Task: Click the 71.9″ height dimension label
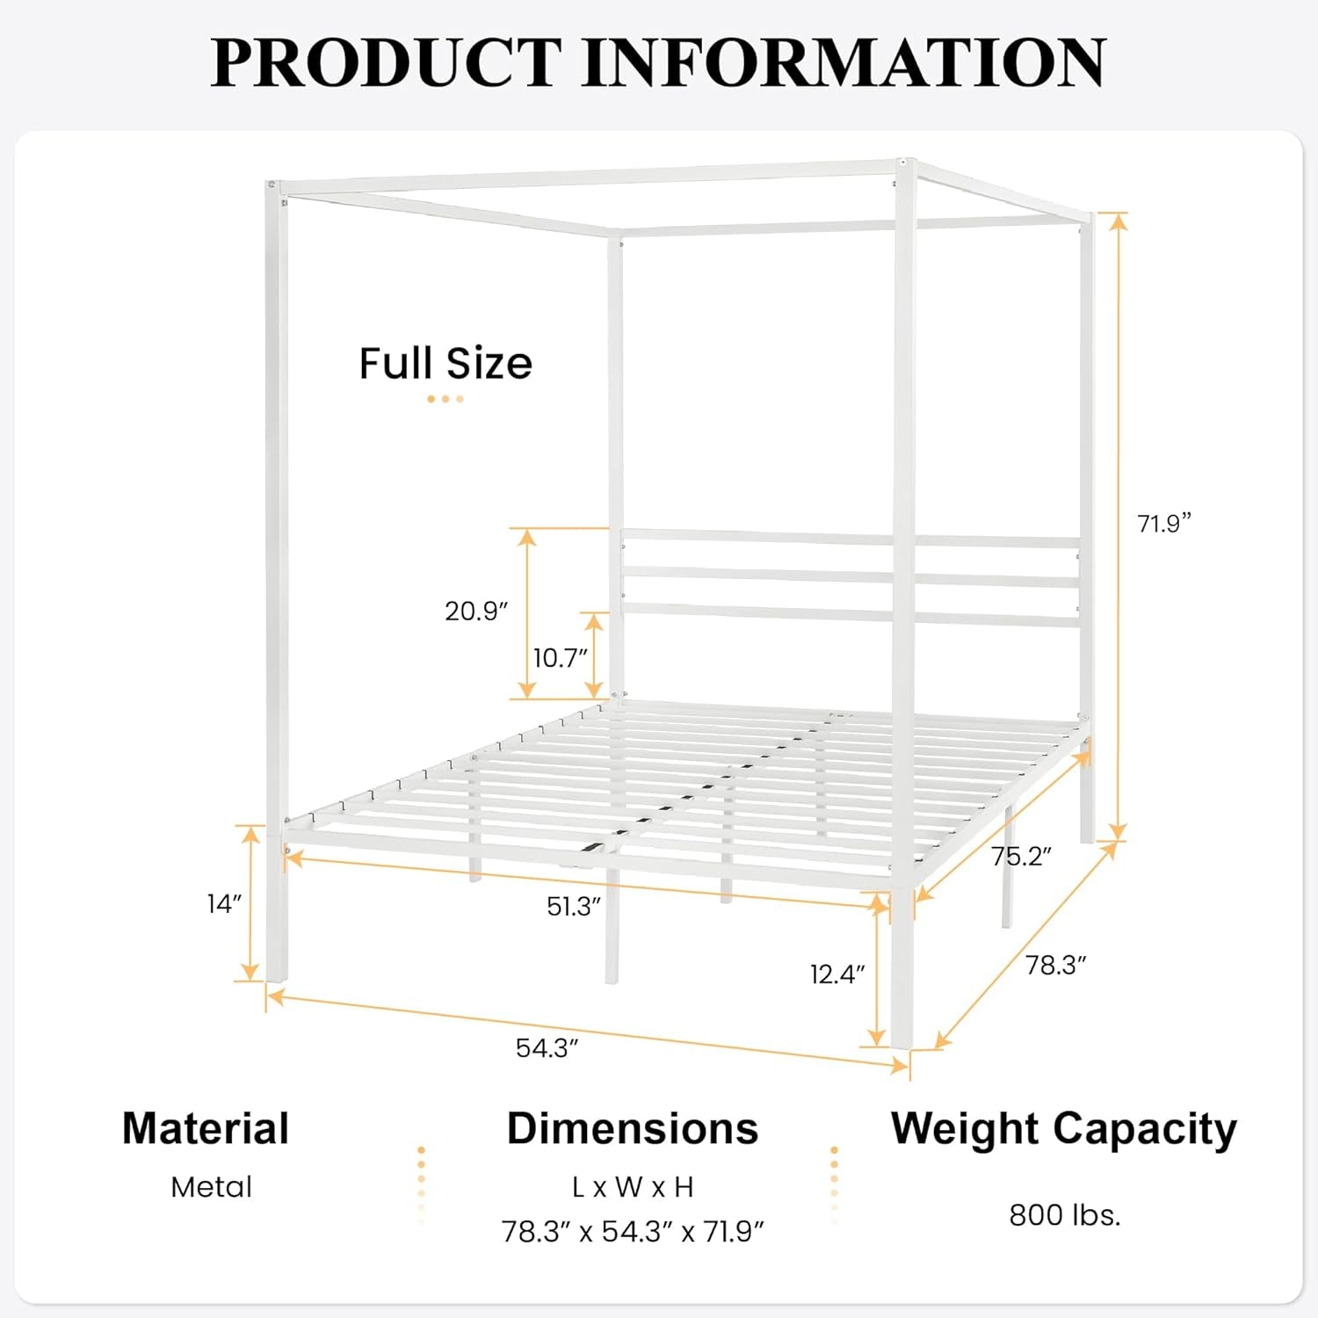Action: tap(1164, 524)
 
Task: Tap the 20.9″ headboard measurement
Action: tap(476, 611)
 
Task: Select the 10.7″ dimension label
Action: tap(560, 657)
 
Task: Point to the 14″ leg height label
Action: tap(224, 903)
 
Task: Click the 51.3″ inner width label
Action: tap(574, 906)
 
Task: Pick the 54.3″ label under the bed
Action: tap(547, 1047)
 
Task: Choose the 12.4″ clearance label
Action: tap(837, 974)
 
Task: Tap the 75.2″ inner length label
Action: tap(1021, 856)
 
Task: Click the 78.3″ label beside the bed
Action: tap(1055, 965)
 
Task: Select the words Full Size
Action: tap(445, 363)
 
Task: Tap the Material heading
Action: tap(206, 1128)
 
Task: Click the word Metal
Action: tap(211, 1187)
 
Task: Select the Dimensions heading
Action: tap(633, 1128)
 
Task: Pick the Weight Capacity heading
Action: tap(1064, 1129)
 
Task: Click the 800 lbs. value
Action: tap(1064, 1215)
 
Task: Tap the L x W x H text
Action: tap(633, 1187)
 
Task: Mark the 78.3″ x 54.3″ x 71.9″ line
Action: tap(633, 1232)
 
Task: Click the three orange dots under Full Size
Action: tap(445, 399)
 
